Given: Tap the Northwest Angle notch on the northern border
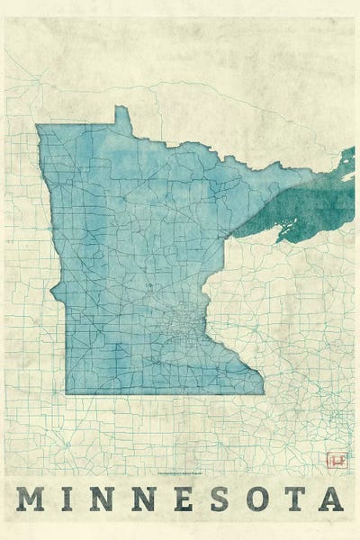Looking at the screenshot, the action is click(x=121, y=114).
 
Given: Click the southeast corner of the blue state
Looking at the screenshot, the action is click(x=264, y=392).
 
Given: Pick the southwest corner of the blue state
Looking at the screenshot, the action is click(x=66, y=393).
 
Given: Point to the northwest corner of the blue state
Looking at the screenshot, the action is click(x=38, y=126).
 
